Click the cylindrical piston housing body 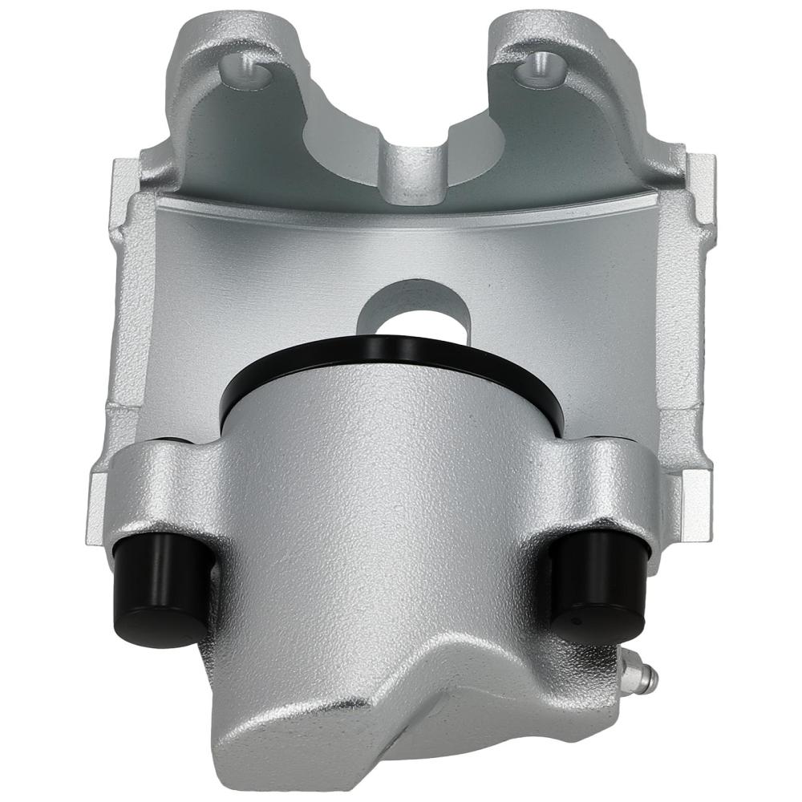[385, 497]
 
